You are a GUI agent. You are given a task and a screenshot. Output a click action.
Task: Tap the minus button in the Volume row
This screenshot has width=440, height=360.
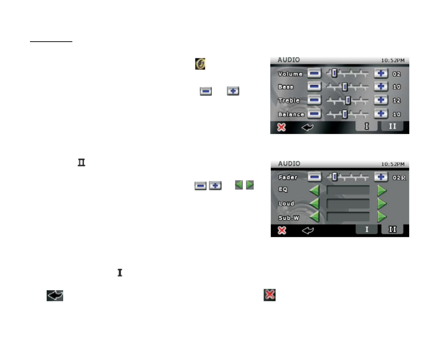[314, 73]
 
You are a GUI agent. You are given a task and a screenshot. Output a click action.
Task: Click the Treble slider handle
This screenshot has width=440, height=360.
[348, 101]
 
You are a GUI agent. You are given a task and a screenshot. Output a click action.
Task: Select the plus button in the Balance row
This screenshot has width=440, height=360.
[381, 114]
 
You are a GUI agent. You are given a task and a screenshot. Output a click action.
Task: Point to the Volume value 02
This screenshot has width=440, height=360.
[397, 74]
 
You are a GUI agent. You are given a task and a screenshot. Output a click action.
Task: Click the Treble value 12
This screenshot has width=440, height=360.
[397, 101]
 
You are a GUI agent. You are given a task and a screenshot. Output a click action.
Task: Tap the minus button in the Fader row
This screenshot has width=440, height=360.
[314, 177]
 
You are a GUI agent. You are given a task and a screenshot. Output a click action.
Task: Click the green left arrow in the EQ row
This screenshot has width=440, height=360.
[314, 191]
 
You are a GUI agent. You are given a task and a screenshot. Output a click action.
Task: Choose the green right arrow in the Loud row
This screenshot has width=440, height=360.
[382, 204]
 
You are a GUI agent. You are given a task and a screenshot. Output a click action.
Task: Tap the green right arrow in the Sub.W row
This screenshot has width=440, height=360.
[382, 217]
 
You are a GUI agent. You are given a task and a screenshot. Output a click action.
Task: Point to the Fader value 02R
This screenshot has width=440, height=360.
[399, 178]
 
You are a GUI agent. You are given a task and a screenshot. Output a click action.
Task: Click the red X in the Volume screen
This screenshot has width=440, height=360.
[281, 127]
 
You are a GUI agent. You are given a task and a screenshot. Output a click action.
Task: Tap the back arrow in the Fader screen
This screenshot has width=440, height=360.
[308, 230]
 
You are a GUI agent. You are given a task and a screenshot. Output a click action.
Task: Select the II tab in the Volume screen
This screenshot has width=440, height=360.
[392, 126]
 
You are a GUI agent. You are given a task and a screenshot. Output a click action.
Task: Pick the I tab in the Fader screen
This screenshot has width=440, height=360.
[367, 229]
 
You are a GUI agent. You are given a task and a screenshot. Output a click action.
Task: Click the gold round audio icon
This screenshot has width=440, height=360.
[200, 64]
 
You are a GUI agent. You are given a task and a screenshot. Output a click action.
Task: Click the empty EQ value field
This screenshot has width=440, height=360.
[348, 191]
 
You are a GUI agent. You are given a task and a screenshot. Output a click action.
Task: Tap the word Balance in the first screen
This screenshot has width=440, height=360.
[291, 114]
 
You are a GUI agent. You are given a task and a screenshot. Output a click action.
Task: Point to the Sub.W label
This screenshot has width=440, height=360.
[289, 218]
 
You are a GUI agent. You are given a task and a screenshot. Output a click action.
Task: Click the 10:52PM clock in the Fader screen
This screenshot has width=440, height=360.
[393, 164]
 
